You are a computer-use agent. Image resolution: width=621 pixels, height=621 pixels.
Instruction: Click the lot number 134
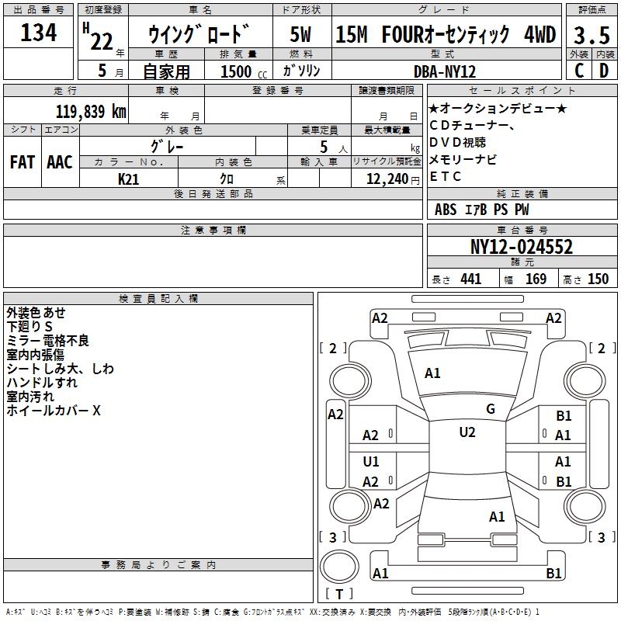39,33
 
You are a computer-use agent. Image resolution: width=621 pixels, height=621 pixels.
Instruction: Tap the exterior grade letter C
578,70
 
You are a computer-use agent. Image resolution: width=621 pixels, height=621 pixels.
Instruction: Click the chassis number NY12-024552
522,247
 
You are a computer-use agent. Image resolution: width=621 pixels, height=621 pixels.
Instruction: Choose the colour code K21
129,179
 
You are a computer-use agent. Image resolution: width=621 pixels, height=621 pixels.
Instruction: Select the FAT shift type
22,162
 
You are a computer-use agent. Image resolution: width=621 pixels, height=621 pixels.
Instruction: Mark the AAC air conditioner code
60,162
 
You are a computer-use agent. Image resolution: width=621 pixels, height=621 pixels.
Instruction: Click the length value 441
470,279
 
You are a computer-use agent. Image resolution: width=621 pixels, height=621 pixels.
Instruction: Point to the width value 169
536,279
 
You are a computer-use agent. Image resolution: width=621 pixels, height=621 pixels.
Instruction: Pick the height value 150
598,279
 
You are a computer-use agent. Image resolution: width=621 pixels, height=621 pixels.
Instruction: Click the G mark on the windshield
490,408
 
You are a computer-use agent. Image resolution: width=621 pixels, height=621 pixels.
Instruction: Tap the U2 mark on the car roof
467,432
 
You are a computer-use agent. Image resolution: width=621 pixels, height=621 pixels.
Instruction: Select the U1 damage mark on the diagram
371,462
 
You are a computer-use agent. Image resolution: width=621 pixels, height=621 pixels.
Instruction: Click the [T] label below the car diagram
339,595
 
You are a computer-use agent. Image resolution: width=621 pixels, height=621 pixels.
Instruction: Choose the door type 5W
302,34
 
